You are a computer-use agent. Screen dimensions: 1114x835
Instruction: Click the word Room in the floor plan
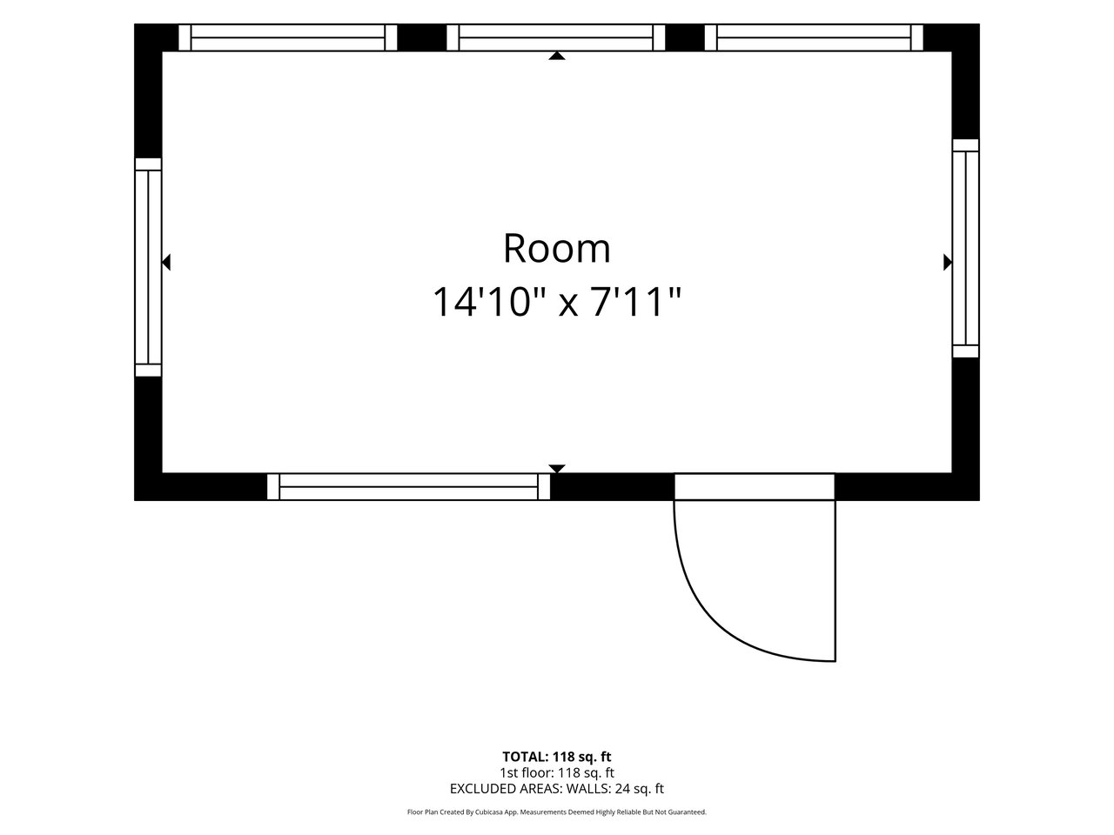click(556, 249)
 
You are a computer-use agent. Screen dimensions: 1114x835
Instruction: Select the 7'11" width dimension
click(635, 302)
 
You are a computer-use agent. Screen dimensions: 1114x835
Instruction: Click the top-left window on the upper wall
click(288, 37)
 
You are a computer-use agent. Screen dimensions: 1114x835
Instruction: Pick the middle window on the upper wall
click(556, 37)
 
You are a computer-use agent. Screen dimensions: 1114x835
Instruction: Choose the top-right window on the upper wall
click(814, 37)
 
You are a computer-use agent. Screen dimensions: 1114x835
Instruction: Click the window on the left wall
click(148, 267)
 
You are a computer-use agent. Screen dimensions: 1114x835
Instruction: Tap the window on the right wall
click(965, 249)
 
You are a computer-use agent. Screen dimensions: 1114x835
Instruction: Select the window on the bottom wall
click(408, 487)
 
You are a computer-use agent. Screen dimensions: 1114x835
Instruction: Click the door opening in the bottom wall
click(755, 487)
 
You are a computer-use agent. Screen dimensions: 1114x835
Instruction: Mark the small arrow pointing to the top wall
click(557, 56)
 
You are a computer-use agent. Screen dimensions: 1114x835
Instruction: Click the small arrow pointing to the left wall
click(166, 262)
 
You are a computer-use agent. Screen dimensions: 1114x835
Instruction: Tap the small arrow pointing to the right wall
click(948, 262)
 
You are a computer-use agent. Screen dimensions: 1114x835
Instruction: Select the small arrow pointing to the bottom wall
click(557, 469)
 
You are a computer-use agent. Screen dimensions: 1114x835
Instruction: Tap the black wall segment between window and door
click(612, 487)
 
